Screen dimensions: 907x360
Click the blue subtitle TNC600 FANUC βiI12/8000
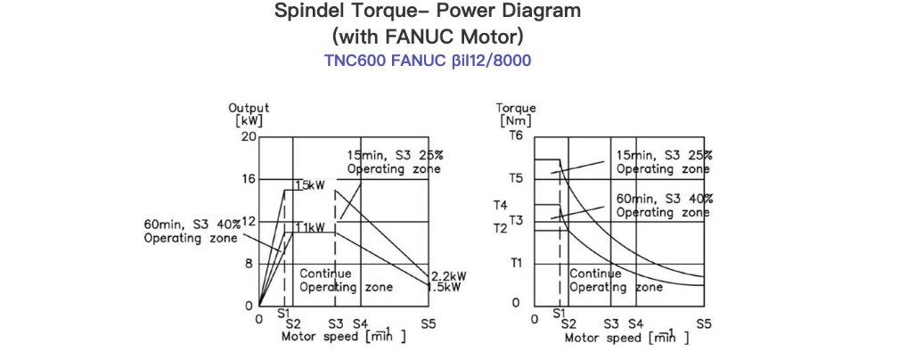click(428, 61)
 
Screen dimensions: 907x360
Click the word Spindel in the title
click(305, 11)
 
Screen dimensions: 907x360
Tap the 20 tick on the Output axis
click(248, 136)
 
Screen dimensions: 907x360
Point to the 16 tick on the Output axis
click(248, 179)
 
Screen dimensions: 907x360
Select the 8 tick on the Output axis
click(250, 264)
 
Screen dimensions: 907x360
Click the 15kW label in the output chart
click(310, 185)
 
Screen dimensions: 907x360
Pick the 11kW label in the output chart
click(310, 227)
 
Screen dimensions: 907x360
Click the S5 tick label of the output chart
click(428, 324)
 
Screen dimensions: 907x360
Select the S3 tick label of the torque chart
click(611, 324)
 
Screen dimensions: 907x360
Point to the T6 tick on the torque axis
click(516, 136)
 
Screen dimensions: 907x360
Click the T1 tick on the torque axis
click(516, 264)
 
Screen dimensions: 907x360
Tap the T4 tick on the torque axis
click(501, 206)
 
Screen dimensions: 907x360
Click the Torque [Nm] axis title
click(516, 115)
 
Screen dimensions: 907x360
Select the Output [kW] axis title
click(249, 115)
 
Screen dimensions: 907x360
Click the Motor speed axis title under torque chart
click(627, 336)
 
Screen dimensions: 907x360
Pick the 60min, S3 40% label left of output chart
click(191, 231)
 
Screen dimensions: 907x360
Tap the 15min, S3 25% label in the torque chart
click(664, 162)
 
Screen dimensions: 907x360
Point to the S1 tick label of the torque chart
click(560, 314)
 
